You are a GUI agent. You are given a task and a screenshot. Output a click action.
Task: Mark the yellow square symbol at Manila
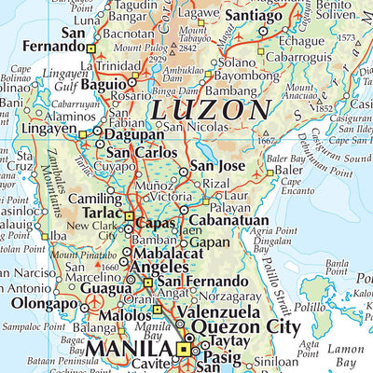[183, 350]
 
